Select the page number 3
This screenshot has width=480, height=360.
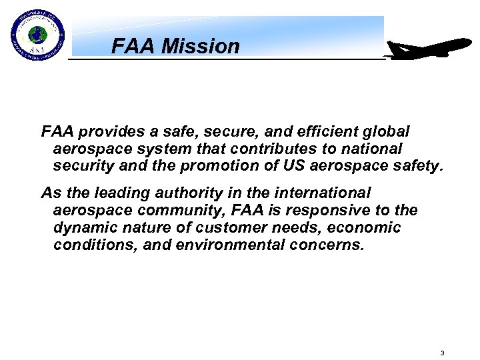[x=442, y=353]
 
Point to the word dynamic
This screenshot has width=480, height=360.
[x=81, y=227]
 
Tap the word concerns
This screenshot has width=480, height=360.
[x=333, y=245]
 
